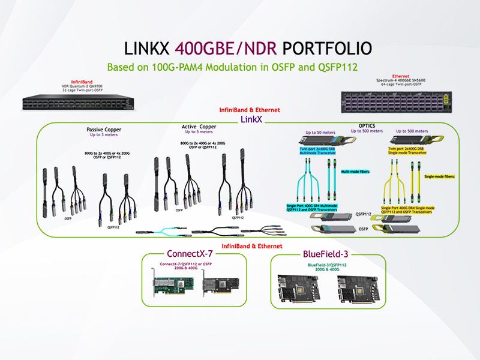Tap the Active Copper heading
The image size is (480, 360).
(199, 127)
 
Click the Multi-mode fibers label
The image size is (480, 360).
(356, 171)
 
